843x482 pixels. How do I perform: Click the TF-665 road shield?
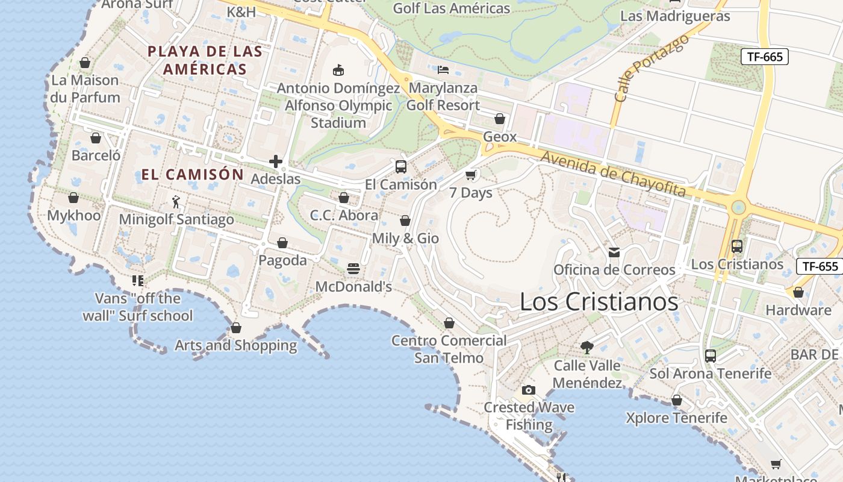coord(765,57)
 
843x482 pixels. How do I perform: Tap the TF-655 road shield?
coord(820,266)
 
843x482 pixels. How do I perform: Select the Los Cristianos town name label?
coord(599,302)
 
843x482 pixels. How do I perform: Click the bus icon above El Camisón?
coord(401,167)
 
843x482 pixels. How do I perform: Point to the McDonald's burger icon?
coord(353,269)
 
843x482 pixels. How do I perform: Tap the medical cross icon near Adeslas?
coord(276,161)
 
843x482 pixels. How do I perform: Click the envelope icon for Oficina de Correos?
coord(614,252)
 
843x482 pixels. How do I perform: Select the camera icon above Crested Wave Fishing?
coord(529,390)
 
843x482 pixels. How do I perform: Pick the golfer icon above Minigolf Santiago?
coord(176,201)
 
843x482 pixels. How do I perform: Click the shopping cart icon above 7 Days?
coord(471,175)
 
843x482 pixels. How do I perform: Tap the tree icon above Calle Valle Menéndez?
coord(587,348)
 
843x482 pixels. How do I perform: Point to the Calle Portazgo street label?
coord(651,67)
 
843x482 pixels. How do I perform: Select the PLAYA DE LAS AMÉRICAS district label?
coord(205,60)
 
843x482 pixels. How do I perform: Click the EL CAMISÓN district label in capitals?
coord(193,175)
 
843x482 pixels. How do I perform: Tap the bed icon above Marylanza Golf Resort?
coord(443,70)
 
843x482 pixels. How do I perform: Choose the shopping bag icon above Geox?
coord(500,119)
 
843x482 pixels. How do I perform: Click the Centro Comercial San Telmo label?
coord(449,349)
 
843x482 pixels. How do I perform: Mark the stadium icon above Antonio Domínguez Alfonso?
coord(338,70)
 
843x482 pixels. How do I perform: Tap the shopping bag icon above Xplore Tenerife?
coord(677,400)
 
